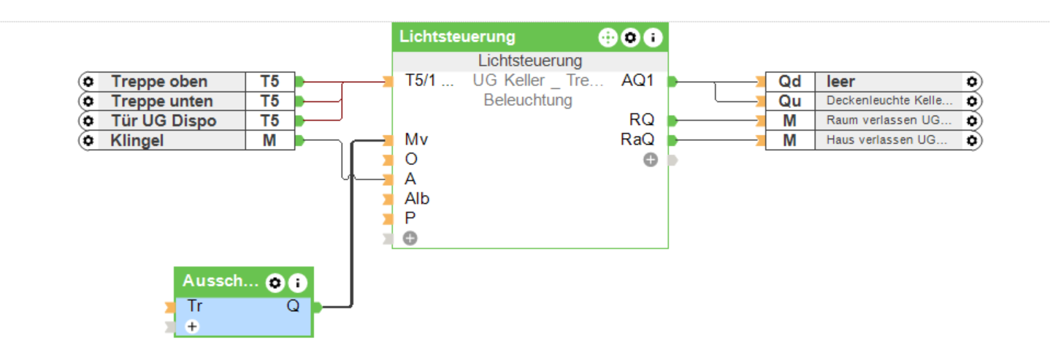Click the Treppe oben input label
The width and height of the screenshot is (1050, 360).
(159, 81)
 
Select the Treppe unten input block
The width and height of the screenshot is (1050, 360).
(162, 101)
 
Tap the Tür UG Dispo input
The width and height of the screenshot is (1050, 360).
(164, 120)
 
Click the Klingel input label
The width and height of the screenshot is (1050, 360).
(137, 140)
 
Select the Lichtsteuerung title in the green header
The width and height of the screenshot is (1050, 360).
(457, 37)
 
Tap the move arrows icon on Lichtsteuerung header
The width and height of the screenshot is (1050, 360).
(607, 37)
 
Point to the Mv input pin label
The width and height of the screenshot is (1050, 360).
(416, 139)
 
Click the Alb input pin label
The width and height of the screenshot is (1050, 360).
(417, 199)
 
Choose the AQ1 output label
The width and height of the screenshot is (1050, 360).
(637, 81)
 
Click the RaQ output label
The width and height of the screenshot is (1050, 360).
(637, 139)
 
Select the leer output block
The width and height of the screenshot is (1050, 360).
(840, 81)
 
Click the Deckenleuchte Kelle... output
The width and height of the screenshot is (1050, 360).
(889, 101)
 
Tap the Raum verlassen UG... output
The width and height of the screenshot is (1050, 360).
(889, 120)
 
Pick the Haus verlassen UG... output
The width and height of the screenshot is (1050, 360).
(889, 140)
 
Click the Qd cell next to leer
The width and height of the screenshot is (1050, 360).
(789, 81)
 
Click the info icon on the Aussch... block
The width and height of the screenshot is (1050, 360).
(298, 283)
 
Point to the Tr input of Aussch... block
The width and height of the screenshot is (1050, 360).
(194, 307)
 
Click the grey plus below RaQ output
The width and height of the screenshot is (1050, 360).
(650, 160)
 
